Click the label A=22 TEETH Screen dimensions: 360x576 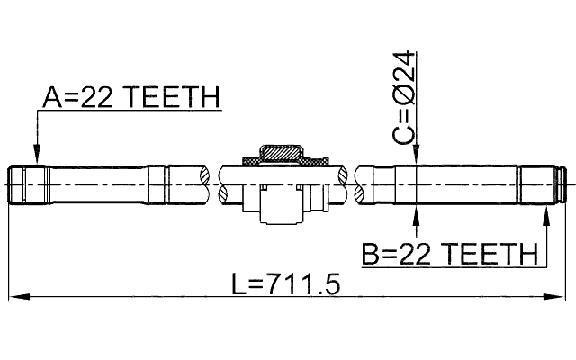click(130, 98)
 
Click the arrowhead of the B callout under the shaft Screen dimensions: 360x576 click(546, 212)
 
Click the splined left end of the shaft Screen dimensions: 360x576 click(25, 184)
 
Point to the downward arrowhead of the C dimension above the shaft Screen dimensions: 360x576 click(417, 160)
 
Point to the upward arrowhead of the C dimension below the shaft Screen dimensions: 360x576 click(417, 211)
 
